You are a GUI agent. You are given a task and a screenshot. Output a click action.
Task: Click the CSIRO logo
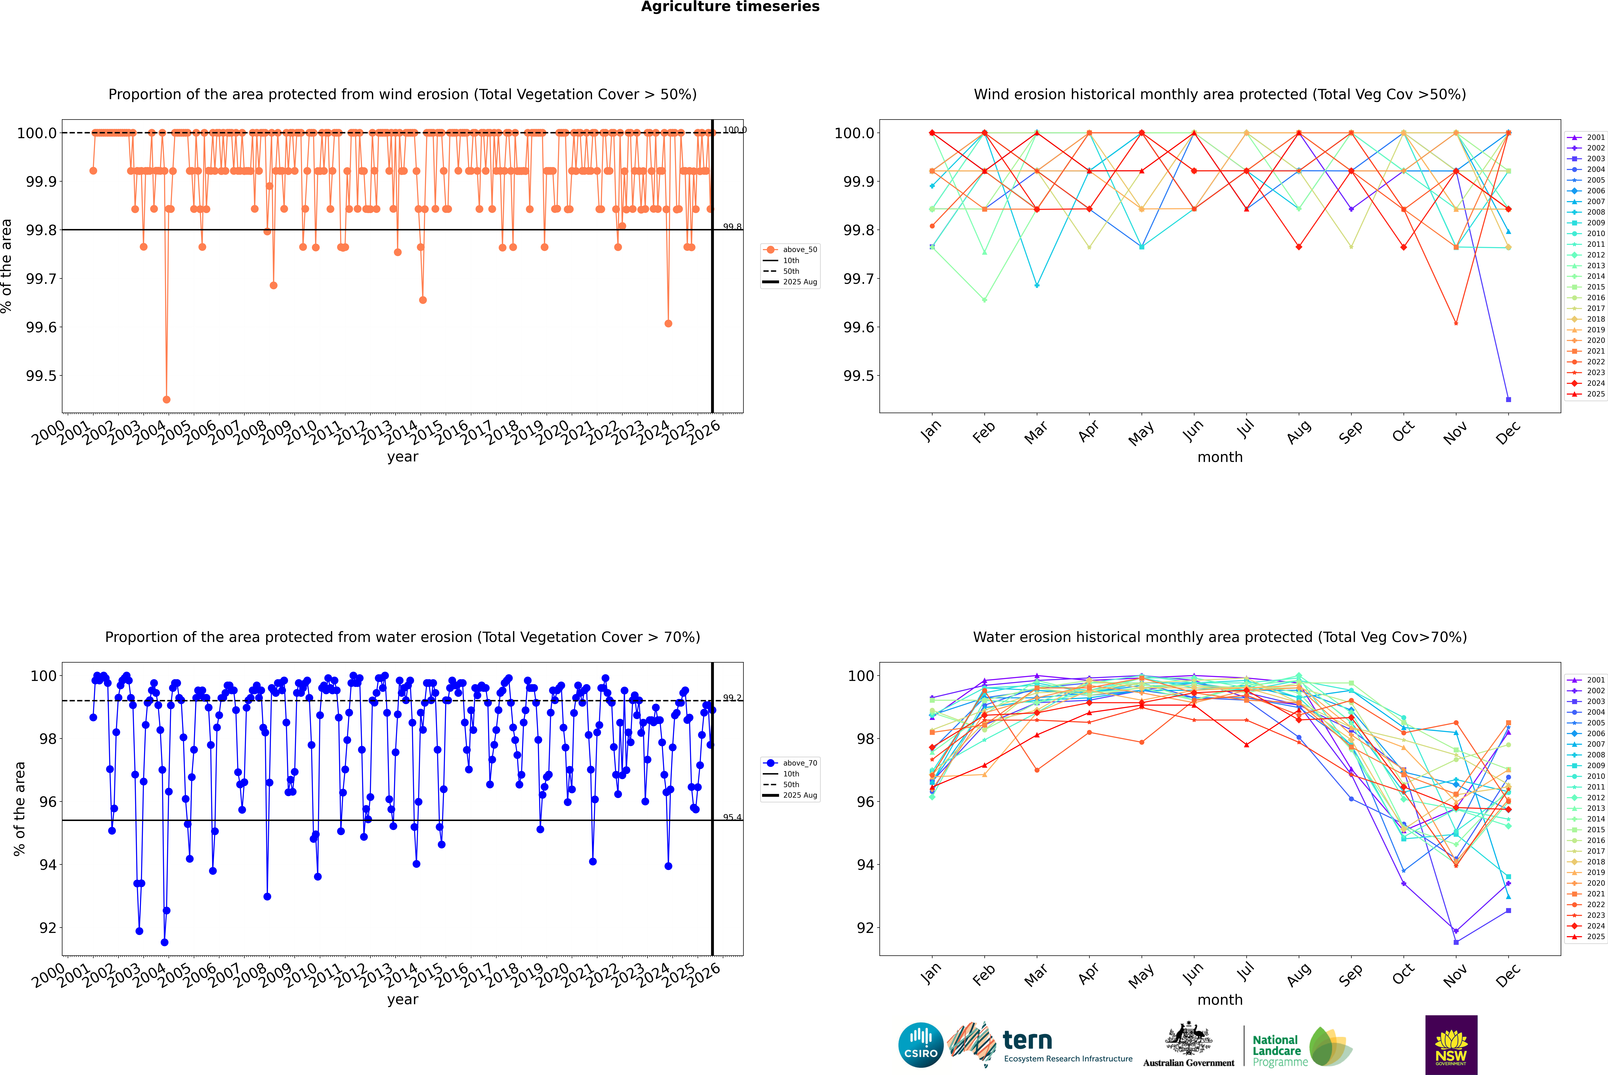click(x=921, y=1045)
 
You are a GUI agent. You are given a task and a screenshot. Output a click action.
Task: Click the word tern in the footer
click(x=1027, y=1040)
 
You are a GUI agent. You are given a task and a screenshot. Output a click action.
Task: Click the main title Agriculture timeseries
click(x=730, y=7)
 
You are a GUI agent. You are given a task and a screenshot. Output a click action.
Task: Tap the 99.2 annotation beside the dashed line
click(x=732, y=698)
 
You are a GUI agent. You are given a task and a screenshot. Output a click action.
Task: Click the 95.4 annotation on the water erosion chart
click(x=732, y=817)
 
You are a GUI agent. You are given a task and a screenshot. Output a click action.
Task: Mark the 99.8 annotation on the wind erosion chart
click(x=732, y=227)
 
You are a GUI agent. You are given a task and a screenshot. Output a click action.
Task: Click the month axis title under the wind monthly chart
click(x=1219, y=457)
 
